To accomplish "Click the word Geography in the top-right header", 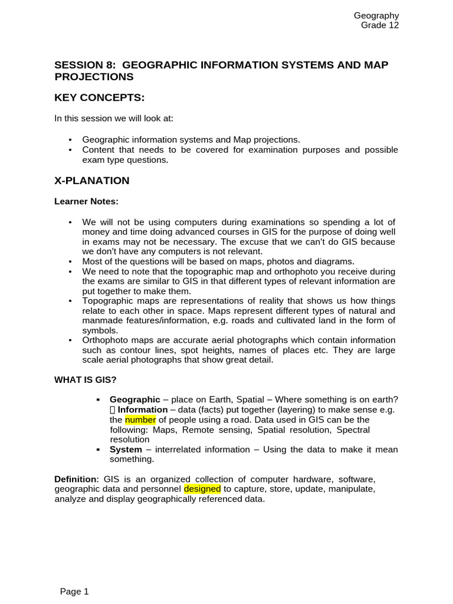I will (x=376, y=16).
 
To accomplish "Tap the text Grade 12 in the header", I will (x=380, y=25).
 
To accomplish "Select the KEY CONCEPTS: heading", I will (x=99, y=97).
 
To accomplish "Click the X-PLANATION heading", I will (x=92, y=180).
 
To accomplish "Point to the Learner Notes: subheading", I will (x=86, y=201).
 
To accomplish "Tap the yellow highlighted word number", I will (x=140, y=419).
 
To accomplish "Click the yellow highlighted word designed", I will (x=202, y=489).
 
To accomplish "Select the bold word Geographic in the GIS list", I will (x=135, y=399).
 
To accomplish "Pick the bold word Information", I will (x=143, y=409).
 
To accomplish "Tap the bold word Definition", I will (x=75, y=479).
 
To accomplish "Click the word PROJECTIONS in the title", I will (x=94, y=77).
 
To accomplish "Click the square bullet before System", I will (x=98, y=449).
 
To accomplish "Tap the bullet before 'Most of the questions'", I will (x=70, y=261).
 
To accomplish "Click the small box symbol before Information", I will (x=113, y=409).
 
